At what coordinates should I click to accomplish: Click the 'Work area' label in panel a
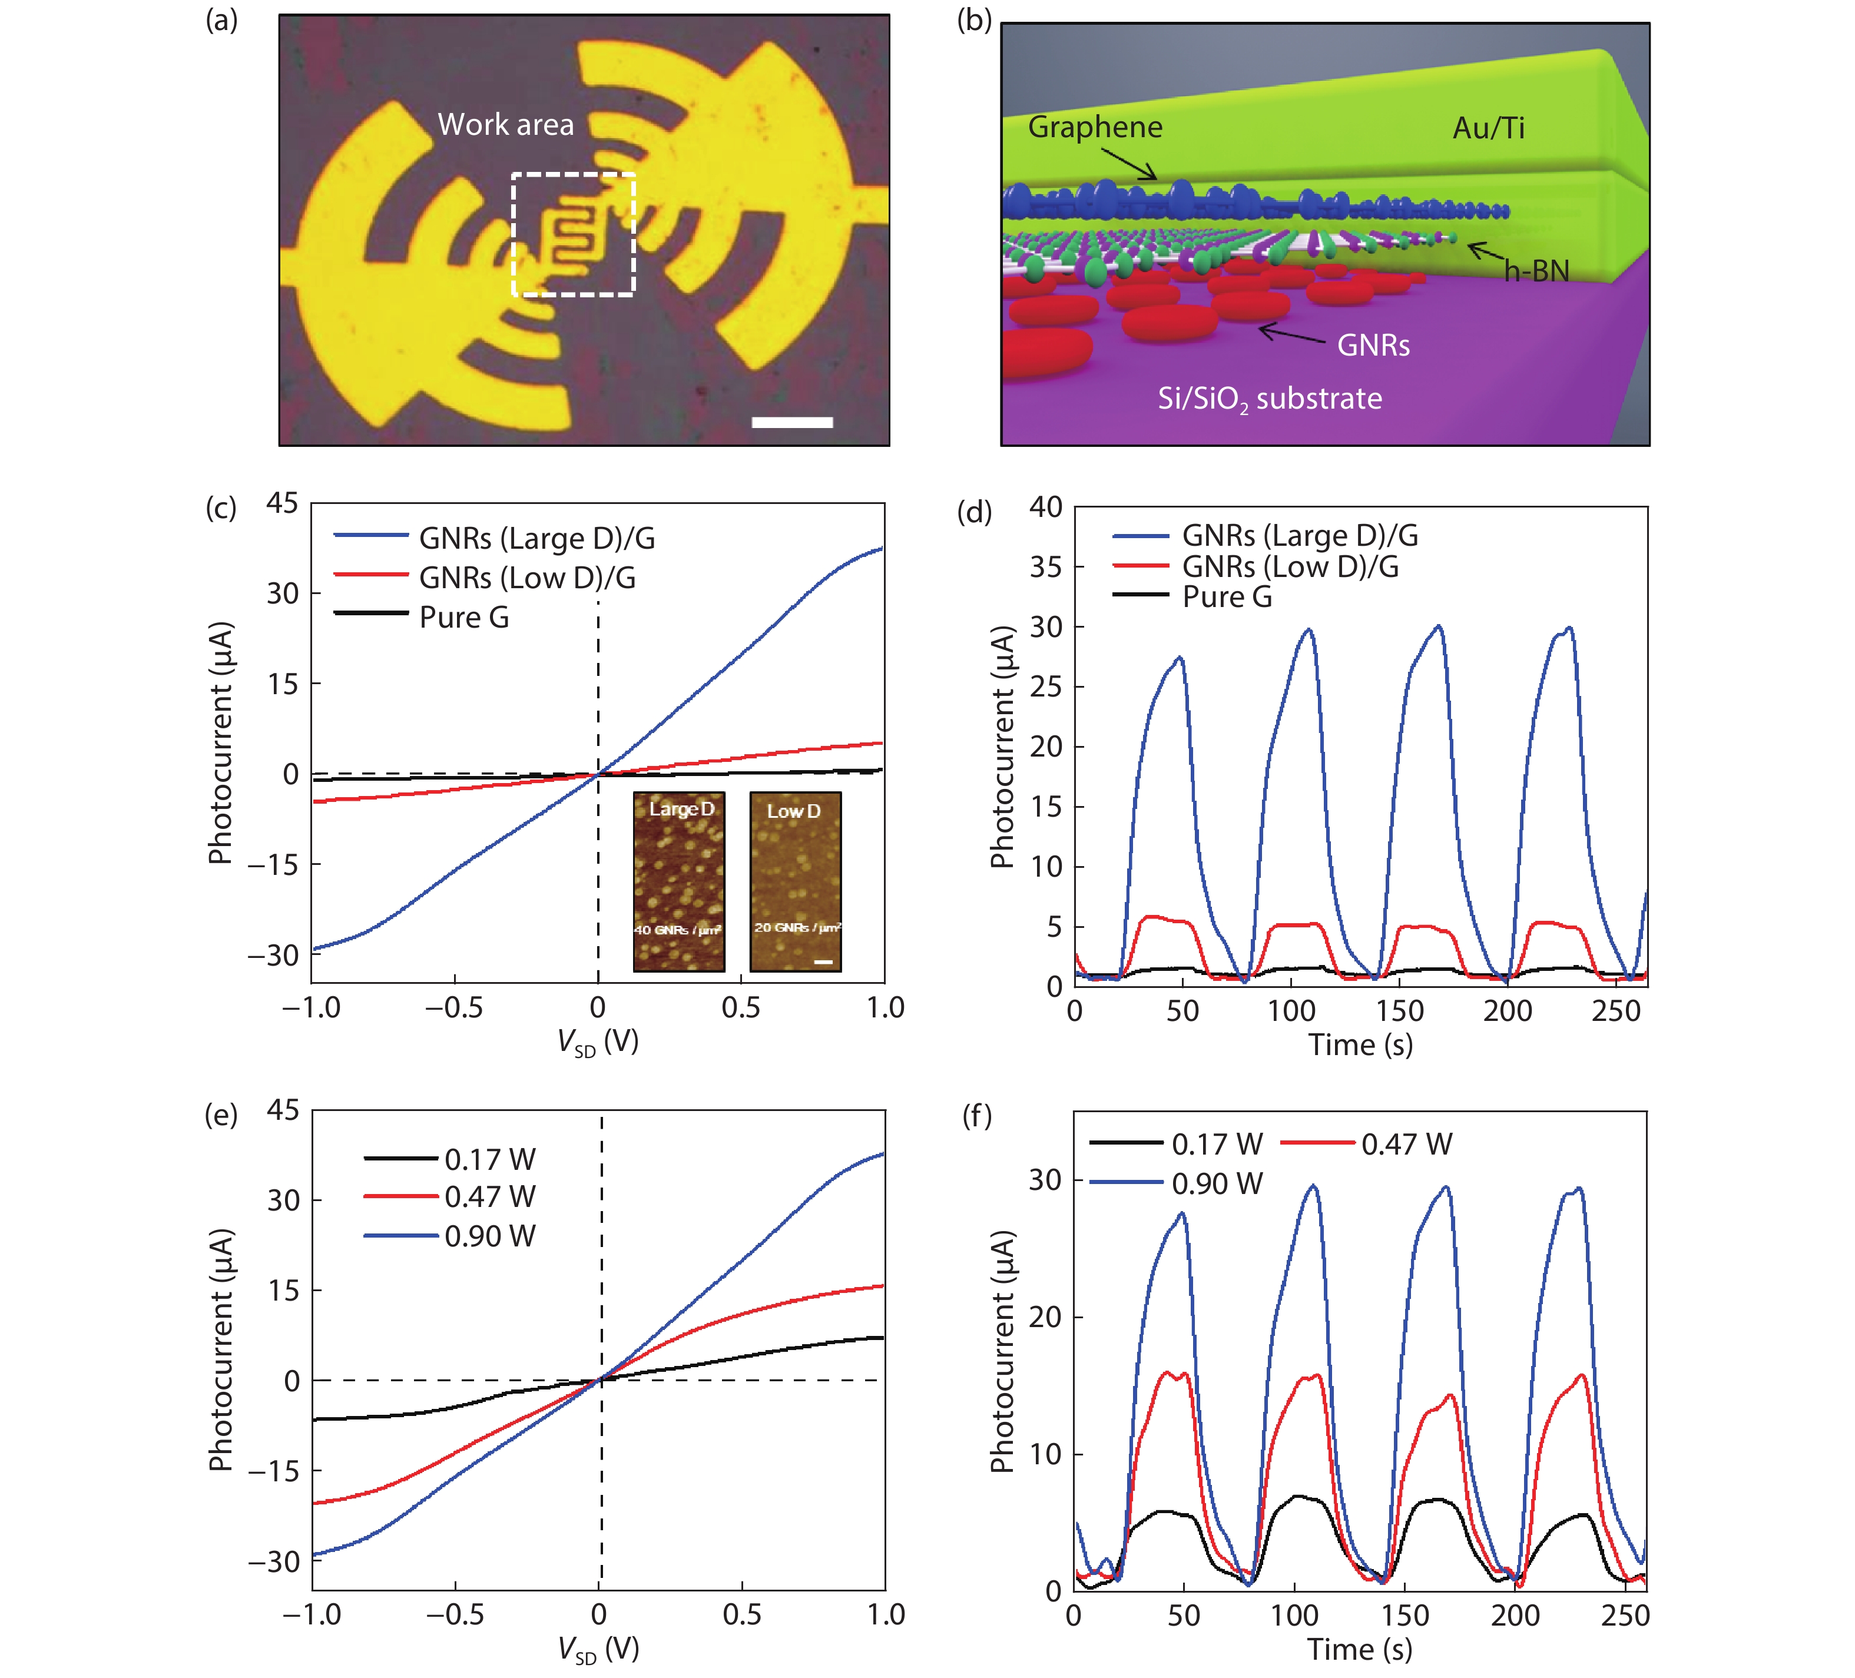(x=505, y=124)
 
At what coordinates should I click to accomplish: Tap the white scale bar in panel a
(x=791, y=422)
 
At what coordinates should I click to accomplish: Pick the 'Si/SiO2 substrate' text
(x=1270, y=399)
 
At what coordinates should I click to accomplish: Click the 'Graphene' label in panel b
(x=1095, y=127)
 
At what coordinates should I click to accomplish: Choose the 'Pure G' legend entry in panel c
(x=464, y=617)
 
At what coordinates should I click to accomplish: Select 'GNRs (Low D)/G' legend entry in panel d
(x=1290, y=566)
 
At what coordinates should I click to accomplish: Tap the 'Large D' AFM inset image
(x=679, y=881)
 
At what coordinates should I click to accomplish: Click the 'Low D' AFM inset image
(x=795, y=881)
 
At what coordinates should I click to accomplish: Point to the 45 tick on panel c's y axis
(x=283, y=503)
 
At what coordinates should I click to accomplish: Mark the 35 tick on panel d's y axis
(x=1046, y=566)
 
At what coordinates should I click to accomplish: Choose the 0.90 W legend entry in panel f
(x=1217, y=1183)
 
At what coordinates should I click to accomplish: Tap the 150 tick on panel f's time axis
(x=1405, y=1616)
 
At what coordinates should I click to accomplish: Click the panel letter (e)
(x=221, y=1116)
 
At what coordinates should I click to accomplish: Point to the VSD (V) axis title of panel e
(x=598, y=1650)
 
